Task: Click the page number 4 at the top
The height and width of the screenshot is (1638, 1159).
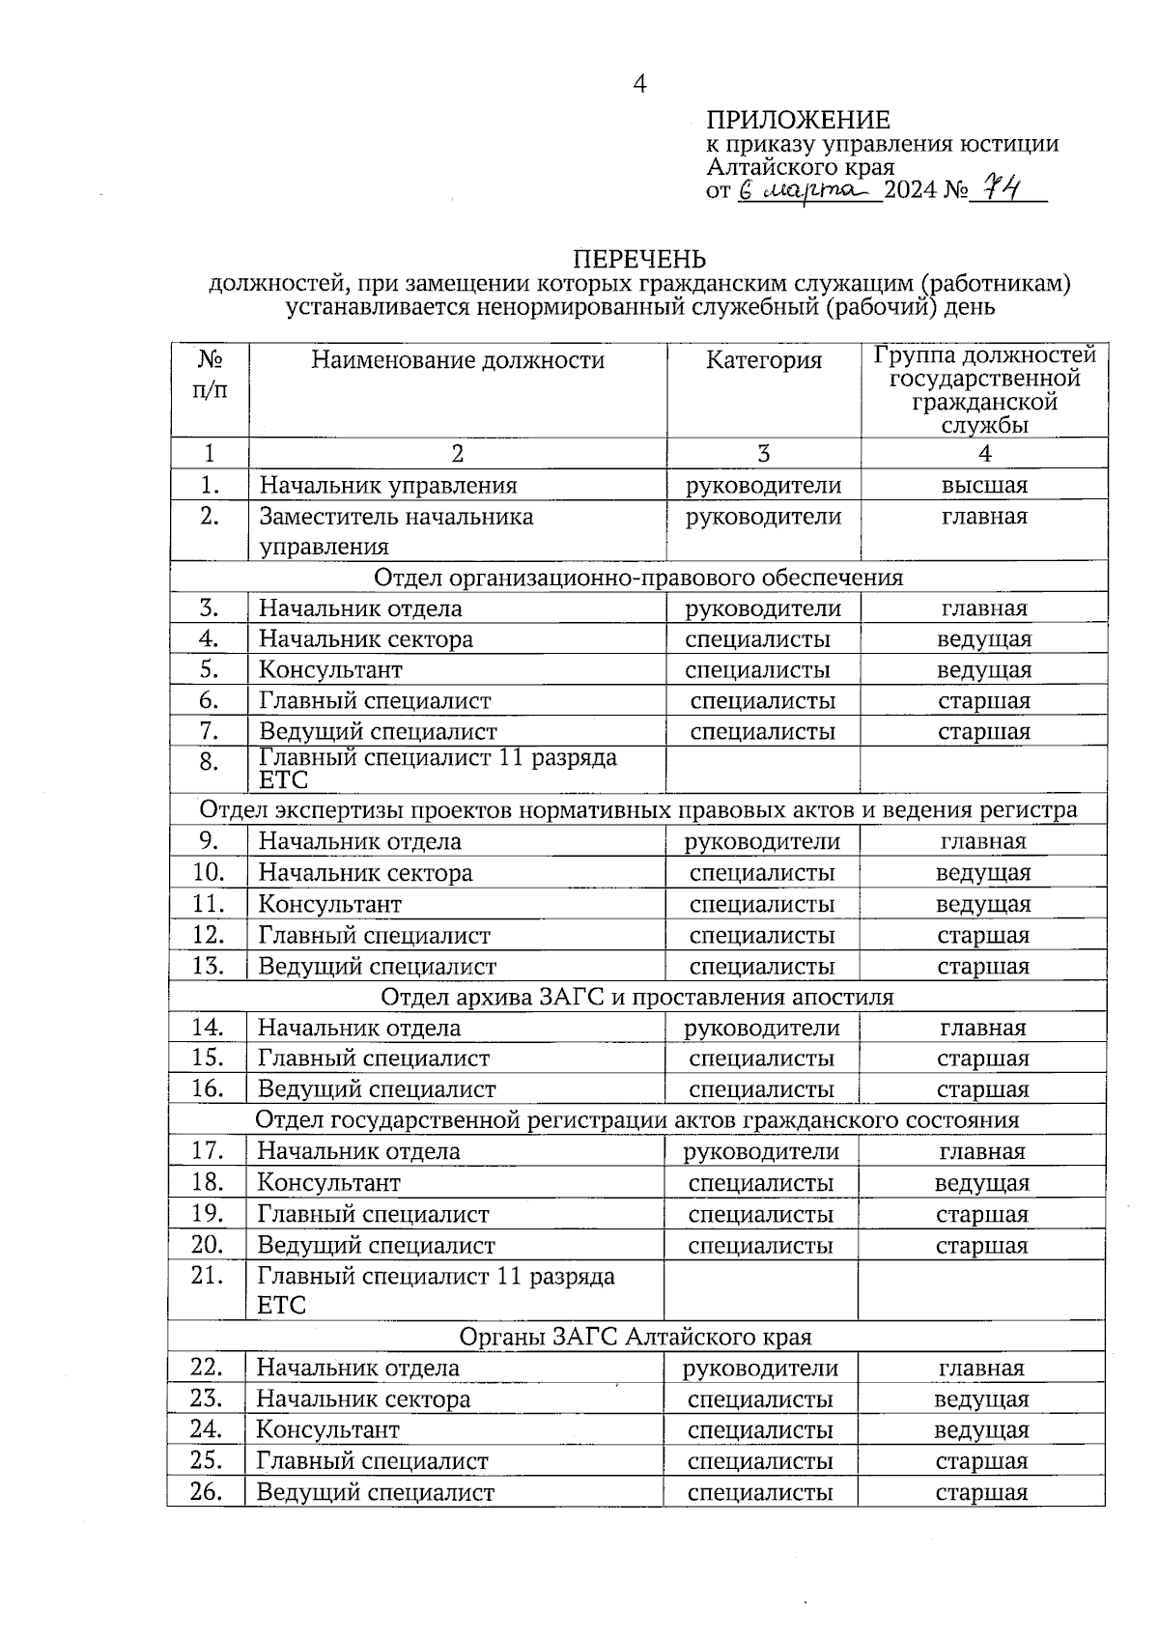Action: pyautogui.click(x=639, y=84)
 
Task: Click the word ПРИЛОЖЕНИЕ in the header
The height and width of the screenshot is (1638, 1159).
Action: pyautogui.click(x=798, y=120)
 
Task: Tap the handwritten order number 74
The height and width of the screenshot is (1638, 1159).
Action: pyautogui.click(x=995, y=187)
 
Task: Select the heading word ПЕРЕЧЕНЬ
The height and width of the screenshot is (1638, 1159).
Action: pyautogui.click(x=639, y=259)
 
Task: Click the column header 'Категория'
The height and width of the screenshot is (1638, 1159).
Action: pyautogui.click(x=763, y=360)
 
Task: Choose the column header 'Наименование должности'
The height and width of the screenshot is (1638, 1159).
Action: pyautogui.click(x=457, y=360)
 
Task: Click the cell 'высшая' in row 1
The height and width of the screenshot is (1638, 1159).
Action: pyautogui.click(x=983, y=485)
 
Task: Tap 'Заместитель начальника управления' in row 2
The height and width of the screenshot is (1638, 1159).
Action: pyautogui.click(x=396, y=530)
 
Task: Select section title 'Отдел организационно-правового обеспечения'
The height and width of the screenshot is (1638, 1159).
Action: pyautogui.click(x=637, y=578)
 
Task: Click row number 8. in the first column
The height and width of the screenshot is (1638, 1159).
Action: pyautogui.click(x=209, y=762)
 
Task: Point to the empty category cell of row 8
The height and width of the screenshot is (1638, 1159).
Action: pyautogui.click(x=763, y=769)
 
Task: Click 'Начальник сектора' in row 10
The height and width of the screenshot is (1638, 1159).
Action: pyautogui.click(x=365, y=873)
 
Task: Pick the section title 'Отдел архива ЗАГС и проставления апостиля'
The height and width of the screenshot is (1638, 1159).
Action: pyautogui.click(x=636, y=996)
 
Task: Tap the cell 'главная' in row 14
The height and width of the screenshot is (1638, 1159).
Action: pyautogui.click(x=982, y=1028)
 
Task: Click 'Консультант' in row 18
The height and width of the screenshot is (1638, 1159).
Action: pyautogui.click(x=328, y=1182)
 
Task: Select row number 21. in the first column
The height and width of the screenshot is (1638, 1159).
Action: pyautogui.click(x=207, y=1276)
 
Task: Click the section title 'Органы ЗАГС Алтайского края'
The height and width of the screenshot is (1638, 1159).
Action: pyautogui.click(x=635, y=1337)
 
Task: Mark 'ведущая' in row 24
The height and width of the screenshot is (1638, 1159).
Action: pyautogui.click(x=981, y=1429)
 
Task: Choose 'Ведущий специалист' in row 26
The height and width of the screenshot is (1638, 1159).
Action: pyautogui.click(x=375, y=1492)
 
